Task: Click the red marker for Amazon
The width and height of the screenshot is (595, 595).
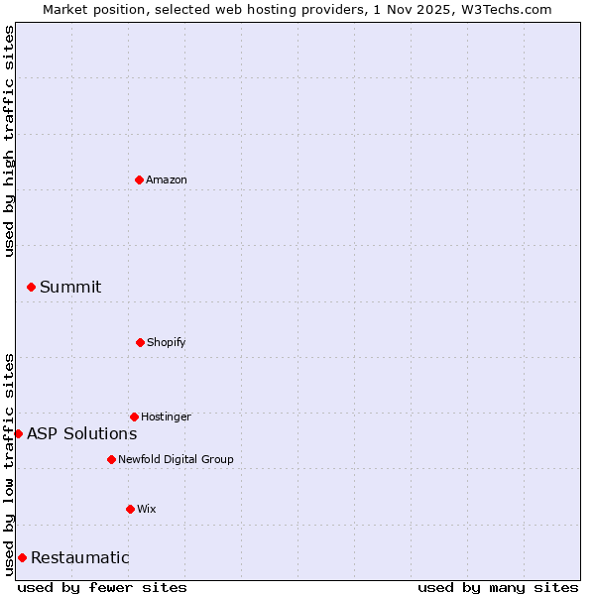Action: [x=139, y=179]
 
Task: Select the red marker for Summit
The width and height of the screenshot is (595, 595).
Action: [x=31, y=287]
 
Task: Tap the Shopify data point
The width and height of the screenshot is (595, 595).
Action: [x=140, y=342]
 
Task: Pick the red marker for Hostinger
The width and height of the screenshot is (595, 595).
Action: [x=134, y=416]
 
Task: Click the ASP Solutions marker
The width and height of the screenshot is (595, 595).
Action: [x=18, y=433]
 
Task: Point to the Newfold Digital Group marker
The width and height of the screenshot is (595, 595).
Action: [x=111, y=459]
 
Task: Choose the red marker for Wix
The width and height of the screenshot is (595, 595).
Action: [x=130, y=509]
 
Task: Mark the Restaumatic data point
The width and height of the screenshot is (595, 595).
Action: [x=22, y=557]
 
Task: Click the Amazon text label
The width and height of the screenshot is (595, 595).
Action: [x=167, y=179]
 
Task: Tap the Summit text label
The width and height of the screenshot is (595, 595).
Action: [x=70, y=287]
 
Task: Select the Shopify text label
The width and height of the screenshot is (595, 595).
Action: [x=167, y=342]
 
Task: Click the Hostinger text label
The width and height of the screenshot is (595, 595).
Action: [x=166, y=416]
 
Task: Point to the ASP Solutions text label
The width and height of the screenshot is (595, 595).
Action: [x=82, y=433]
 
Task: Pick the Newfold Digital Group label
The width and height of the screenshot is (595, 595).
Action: [x=177, y=459]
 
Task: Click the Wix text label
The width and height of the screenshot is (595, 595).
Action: [x=147, y=509]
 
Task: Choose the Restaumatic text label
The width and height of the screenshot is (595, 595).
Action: [x=80, y=557]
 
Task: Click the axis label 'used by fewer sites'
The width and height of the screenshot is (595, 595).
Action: [x=102, y=587]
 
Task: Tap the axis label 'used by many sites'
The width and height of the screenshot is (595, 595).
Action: [x=498, y=587]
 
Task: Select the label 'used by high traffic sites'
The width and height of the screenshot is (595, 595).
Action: [x=9, y=142]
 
